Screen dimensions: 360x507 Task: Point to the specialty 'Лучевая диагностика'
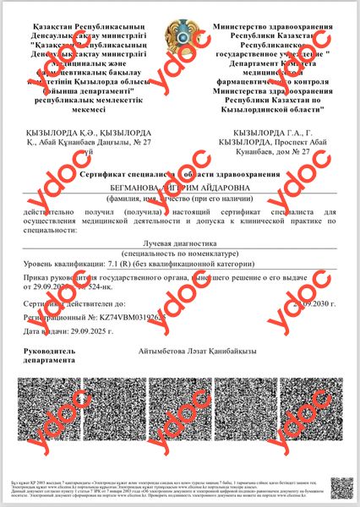[x=179, y=243]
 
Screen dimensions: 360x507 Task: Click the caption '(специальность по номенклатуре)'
[x=179, y=253]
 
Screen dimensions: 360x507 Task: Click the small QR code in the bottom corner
[x=341, y=488]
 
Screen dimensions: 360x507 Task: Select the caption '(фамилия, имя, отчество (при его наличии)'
[x=179, y=199]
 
